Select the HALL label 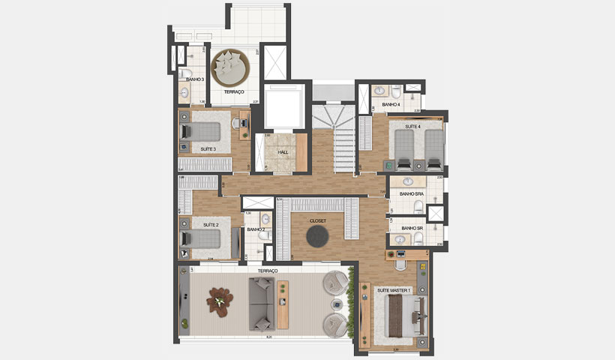coord(283,151)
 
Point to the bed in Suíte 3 coord(203,132)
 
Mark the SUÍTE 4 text coord(413,128)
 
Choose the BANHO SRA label coord(412,193)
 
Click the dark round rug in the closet coord(317,237)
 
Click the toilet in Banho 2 coord(261,235)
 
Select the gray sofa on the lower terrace coord(262,304)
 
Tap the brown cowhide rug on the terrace coord(219,301)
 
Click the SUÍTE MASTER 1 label coord(392,289)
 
